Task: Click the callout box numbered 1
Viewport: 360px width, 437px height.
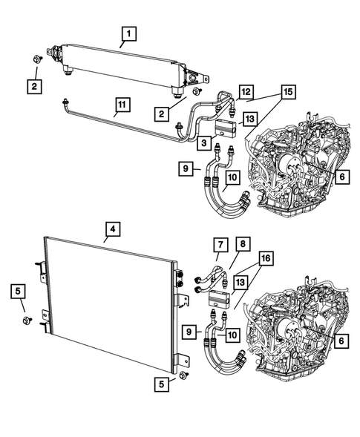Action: (129, 33)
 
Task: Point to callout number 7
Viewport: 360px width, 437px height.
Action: (220, 243)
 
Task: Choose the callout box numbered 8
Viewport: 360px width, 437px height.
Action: (243, 243)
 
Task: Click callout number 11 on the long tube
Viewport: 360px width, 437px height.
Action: (120, 106)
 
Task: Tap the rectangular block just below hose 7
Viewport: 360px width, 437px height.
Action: (220, 298)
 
